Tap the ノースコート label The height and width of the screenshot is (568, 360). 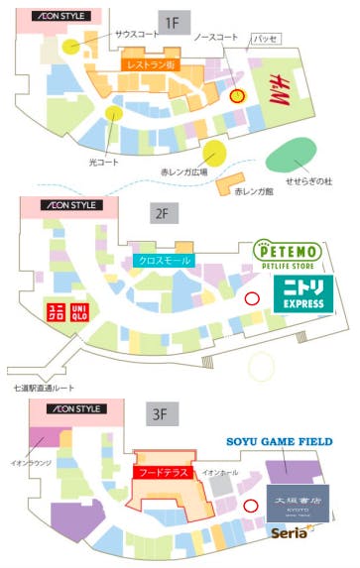coord(216,38)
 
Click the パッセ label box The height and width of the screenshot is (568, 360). coord(265,39)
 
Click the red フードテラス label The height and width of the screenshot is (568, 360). coord(160,473)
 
